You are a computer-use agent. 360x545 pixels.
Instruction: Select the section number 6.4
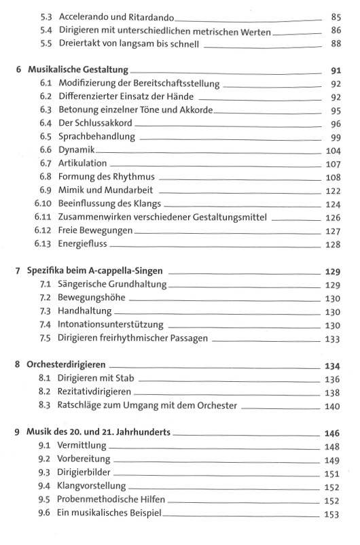tap(46, 124)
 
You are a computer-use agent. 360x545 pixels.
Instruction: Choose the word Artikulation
tap(84, 164)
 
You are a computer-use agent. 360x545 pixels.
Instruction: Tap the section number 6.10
tap(44, 204)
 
